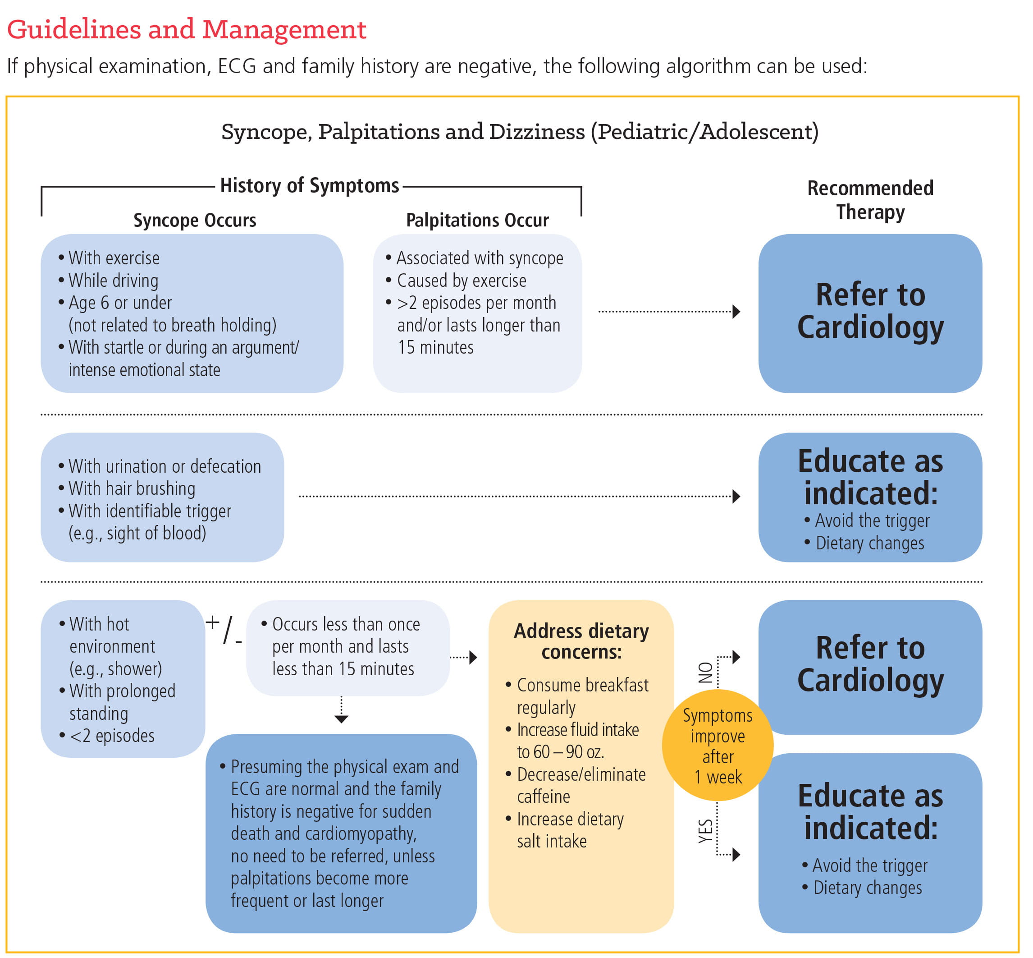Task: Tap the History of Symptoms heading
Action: coord(309,185)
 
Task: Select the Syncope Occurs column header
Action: coord(195,220)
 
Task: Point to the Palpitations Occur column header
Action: coord(477,220)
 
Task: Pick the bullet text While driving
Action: coord(114,281)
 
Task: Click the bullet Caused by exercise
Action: coord(461,281)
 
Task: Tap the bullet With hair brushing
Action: coord(132,488)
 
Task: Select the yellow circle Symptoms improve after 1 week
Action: coord(718,746)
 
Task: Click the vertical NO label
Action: coord(706,672)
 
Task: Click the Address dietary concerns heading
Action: coord(581,641)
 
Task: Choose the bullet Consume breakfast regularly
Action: coord(582,696)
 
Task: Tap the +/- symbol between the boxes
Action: coord(224,629)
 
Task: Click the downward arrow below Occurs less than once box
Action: coord(341,718)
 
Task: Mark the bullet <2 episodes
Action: coord(112,736)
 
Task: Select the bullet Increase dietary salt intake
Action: coord(570,830)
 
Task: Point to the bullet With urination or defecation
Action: coord(164,466)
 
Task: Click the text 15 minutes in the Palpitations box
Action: coord(435,347)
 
